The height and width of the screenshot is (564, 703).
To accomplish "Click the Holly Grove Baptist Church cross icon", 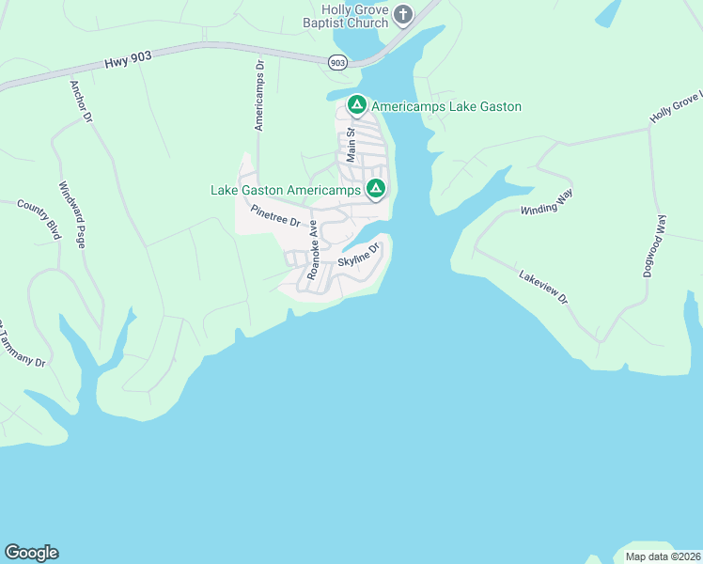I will pos(403,13).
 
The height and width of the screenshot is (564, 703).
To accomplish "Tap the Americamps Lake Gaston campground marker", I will pos(356,105).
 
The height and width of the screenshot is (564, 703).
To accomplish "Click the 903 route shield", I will pos(338,62).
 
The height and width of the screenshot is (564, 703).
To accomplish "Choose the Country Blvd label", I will pos(39,219).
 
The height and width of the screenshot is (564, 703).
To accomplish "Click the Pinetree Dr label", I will pos(274,216).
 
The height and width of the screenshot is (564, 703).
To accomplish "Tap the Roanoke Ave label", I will pos(313,245).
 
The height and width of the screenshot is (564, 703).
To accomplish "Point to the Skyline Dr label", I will pos(358,254).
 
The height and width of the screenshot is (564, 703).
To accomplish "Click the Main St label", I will pos(350,146).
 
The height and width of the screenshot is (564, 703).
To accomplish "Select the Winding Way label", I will pos(547,202).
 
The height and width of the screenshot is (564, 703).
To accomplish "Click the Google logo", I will pos(31,553).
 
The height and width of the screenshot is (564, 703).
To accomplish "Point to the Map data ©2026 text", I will pos(663,556).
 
